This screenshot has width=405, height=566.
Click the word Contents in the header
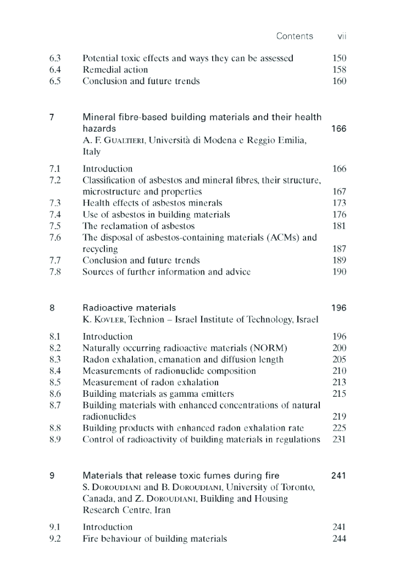click(295, 36)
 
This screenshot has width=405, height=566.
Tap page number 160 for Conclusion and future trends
click(339, 81)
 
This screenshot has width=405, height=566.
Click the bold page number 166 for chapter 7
click(339, 129)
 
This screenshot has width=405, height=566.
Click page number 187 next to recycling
click(339, 249)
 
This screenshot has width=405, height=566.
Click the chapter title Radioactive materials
click(129, 308)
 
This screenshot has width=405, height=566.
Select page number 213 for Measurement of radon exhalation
click(339, 382)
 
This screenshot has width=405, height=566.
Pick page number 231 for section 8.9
click(339, 440)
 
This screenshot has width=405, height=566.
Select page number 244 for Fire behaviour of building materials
click(339, 539)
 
